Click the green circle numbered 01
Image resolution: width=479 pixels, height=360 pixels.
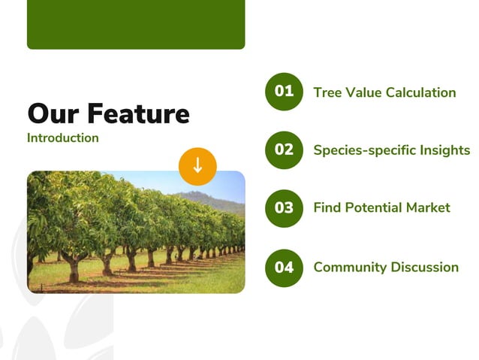point(284,92)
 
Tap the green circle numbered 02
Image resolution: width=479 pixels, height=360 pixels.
point(284,150)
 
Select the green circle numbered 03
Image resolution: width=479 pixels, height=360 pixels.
point(284,208)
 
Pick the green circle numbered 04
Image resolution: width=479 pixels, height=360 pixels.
point(284,267)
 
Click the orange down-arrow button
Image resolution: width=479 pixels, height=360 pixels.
point(197,166)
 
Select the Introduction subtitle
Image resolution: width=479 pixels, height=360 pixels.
point(62,138)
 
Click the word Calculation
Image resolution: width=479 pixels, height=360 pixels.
point(420,92)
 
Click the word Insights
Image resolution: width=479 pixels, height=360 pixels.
point(446,150)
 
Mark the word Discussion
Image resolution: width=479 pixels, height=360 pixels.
point(426,267)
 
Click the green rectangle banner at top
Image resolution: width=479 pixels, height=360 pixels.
point(136,24)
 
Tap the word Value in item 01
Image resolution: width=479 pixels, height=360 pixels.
point(363,92)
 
